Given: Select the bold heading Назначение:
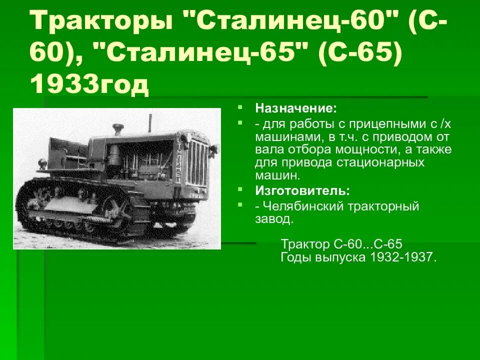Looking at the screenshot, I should point(296,108).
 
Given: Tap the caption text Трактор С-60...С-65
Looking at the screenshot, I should point(341,244).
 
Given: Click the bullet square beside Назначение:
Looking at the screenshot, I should point(240,107).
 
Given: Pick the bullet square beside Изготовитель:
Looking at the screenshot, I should point(240,190).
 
